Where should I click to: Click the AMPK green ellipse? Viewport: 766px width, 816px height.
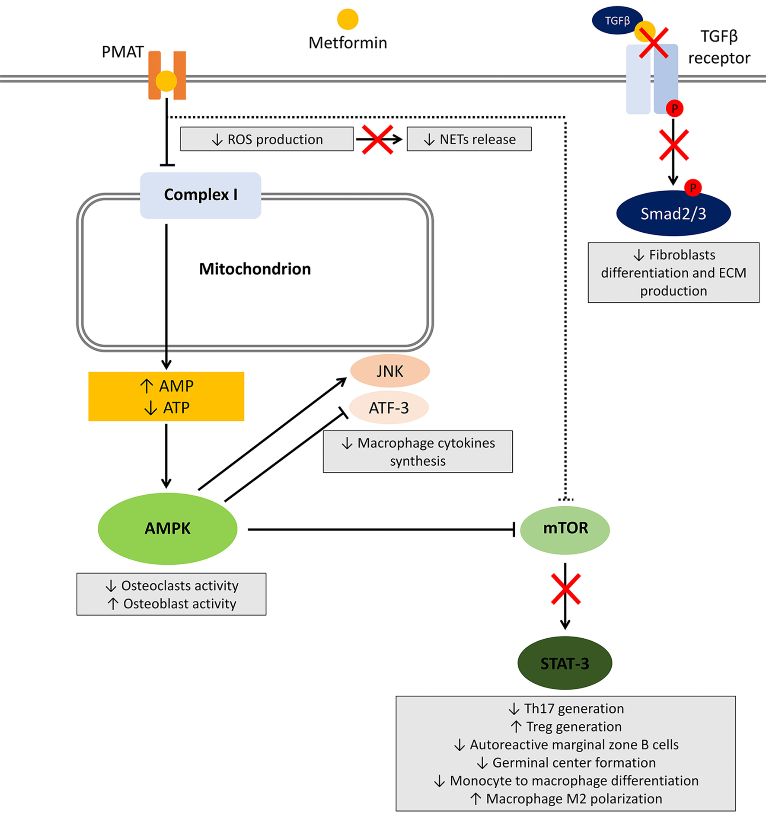click(167, 528)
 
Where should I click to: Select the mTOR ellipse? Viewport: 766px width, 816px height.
click(565, 529)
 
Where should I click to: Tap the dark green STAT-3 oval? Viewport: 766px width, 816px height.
click(565, 663)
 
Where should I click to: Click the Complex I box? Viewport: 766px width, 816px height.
click(201, 195)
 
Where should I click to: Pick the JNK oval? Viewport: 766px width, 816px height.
click(389, 371)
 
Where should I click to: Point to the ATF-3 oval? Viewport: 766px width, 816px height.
click(389, 408)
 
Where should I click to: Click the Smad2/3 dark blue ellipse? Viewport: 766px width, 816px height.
click(673, 214)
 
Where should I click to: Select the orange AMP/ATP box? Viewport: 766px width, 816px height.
click(166, 396)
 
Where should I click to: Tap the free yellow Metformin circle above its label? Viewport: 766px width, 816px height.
click(348, 19)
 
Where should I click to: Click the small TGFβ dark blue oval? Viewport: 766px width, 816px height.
click(616, 20)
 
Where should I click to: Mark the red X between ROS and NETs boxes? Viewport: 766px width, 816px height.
click(377, 140)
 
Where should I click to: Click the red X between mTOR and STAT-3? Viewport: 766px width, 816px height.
click(565, 589)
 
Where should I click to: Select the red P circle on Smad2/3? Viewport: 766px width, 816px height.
click(693, 188)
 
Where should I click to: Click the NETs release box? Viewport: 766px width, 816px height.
click(469, 139)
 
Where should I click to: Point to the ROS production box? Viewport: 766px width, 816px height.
click(267, 139)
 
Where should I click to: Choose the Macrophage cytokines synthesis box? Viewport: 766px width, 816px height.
click(418, 451)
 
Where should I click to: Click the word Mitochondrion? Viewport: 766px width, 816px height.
click(255, 269)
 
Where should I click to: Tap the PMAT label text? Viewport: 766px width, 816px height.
click(122, 52)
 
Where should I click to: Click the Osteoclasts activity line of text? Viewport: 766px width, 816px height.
click(172, 586)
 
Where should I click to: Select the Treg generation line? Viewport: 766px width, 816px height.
click(566, 726)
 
